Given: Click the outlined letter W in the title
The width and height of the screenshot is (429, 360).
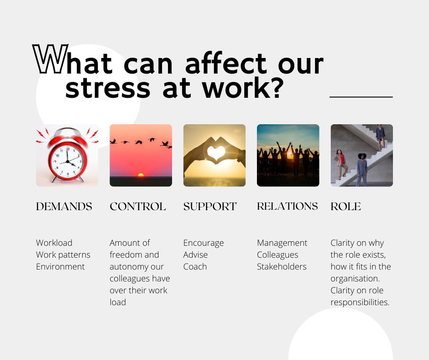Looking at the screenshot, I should (x=50, y=59).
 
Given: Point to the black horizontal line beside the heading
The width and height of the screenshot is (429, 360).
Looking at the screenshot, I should (x=361, y=97).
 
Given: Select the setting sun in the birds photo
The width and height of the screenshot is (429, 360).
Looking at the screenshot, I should (x=141, y=175).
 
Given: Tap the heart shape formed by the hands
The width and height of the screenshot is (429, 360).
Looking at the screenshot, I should (x=214, y=151).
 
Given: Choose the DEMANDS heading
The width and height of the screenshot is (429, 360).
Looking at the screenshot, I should (x=64, y=206).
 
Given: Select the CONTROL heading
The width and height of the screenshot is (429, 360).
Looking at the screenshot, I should (x=137, y=206).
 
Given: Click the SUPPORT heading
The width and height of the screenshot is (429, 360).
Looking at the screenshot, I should (x=210, y=206).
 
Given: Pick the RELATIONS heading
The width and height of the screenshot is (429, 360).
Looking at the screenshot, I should (x=287, y=206).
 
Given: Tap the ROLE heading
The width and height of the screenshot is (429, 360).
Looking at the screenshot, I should (x=345, y=206).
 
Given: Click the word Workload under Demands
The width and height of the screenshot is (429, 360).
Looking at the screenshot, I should (x=54, y=243).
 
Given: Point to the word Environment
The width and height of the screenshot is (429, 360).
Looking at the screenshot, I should (x=60, y=266).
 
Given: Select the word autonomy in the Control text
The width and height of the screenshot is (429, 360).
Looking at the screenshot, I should (x=128, y=266).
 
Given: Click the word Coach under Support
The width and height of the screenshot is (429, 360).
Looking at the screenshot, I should (x=195, y=266).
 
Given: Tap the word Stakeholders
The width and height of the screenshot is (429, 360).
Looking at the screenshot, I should (x=282, y=266).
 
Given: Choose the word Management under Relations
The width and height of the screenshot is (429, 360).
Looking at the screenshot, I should (x=282, y=243).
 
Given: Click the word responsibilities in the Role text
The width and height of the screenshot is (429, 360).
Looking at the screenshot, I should (x=360, y=302).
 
